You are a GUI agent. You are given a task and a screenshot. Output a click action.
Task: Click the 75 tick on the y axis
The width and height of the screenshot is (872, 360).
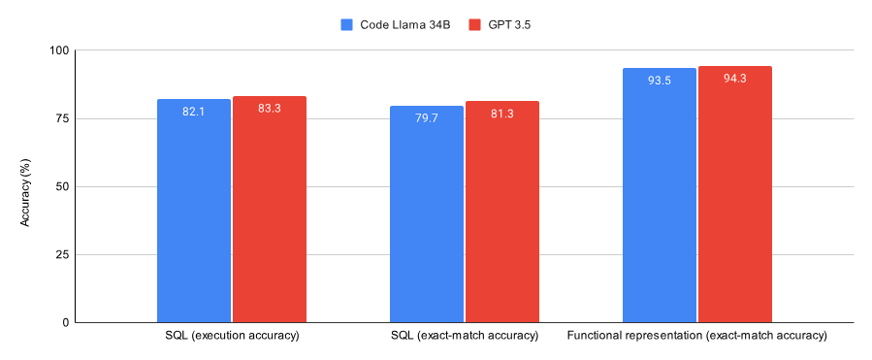tap(61, 118)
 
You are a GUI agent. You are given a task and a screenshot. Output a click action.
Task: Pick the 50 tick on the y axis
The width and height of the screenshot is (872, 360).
tap(61, 186)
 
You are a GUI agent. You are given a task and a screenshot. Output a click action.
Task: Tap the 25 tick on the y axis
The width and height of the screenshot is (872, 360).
tap(61, 254)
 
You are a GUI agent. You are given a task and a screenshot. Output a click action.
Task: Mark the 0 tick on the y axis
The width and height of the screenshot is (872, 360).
tap(65, 322)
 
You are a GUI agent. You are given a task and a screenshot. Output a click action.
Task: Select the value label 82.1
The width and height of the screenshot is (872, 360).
tap(194, 112)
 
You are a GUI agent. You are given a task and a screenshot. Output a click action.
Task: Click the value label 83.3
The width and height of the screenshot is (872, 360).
tap(270, 109)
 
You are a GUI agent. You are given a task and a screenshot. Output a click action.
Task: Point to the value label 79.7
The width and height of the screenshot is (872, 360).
tap(427, 118)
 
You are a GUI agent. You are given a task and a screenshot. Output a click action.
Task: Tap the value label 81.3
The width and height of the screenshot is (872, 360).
tap(502, 114)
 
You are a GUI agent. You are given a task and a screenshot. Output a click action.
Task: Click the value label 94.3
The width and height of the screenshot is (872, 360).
tap(735, 79)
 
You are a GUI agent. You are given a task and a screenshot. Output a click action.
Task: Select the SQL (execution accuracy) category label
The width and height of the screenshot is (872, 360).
tap(232, 336)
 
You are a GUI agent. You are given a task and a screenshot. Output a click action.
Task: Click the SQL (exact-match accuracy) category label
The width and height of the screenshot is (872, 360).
tap(464, 336)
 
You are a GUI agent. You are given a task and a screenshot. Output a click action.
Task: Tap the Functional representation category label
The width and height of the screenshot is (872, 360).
tap(696, 336)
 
